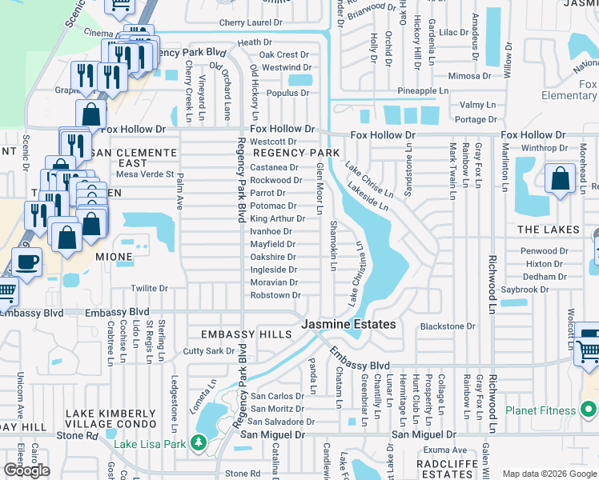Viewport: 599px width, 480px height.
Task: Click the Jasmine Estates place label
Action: (x=348, y=324)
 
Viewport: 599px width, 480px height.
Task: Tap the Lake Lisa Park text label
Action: (x=150, y=444)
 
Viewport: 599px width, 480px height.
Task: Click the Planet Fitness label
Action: (x=541, y=411)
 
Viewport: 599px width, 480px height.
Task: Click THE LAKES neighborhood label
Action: (x=548, y=230)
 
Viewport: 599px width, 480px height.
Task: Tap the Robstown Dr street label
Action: (x=275, y=295)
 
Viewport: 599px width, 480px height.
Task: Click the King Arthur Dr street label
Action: (x=277, y=218)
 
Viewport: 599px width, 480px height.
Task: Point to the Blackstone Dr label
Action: (x=448, y=326)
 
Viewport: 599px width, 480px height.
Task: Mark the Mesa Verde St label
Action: (x=145, y=174)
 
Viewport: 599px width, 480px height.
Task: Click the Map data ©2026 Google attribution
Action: (x=549, y=474)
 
